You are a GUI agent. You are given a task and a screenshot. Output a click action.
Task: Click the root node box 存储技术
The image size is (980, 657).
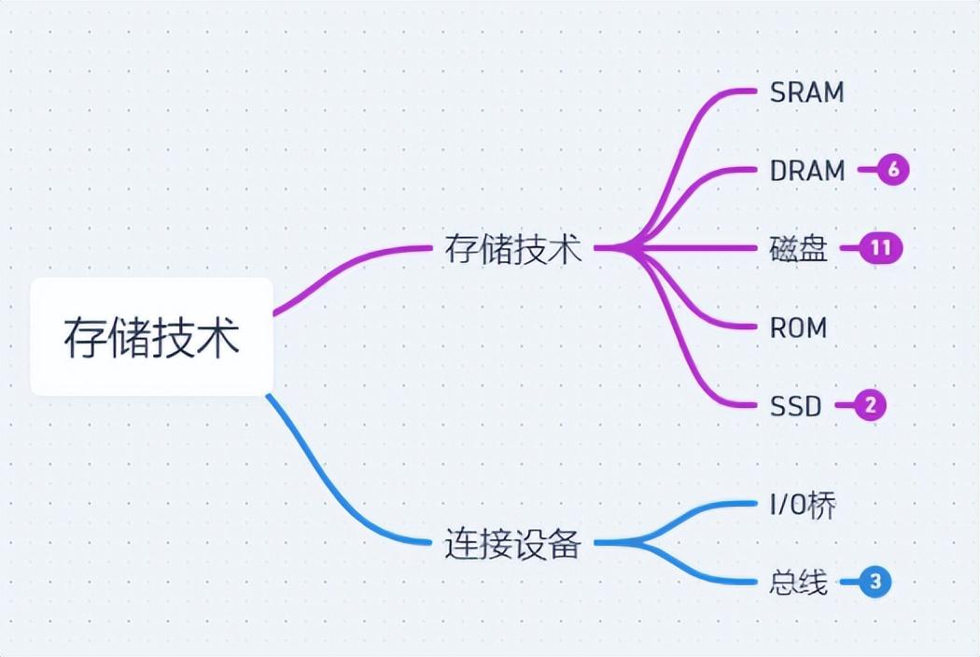[151, 337]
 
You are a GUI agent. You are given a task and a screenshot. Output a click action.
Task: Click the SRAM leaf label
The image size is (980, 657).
[806, 92]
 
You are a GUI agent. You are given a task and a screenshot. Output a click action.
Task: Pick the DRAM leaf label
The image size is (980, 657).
[807, 171]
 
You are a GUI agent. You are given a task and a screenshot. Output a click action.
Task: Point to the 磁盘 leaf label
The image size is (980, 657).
[799, 249]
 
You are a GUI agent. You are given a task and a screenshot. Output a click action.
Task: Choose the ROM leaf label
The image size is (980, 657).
[798, 328]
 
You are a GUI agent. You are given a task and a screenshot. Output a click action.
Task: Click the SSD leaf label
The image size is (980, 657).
[796, 406]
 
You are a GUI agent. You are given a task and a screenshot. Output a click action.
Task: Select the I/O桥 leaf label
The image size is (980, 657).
[803, 505]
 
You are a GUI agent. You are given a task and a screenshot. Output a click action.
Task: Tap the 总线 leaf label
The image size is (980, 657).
[799, 582]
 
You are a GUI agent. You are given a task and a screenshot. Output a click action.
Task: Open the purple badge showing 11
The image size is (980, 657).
[880, 248]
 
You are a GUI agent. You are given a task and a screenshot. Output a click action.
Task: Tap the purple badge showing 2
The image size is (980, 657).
[870, 406]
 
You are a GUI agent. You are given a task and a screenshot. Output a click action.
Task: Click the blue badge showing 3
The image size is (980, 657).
[875, 582]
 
